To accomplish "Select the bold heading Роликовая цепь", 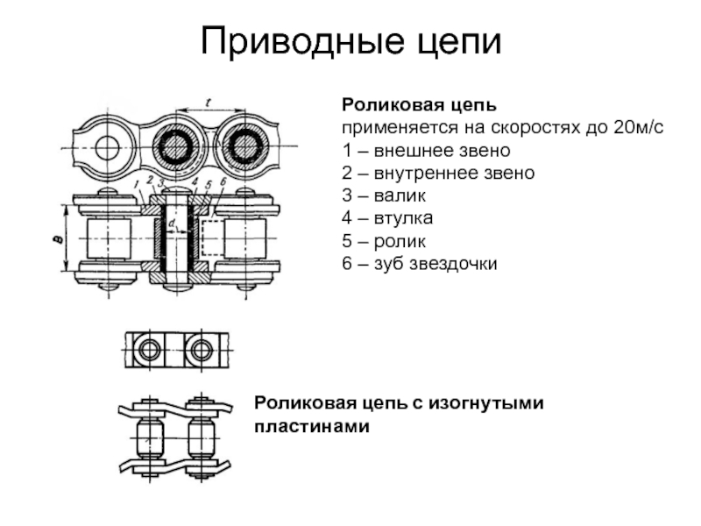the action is click(x=420, y=105).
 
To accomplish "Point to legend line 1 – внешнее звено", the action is click(x=426, y=150).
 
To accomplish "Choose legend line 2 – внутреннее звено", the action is click(x=438, y=173).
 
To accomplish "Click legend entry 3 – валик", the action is click(x=384, y=195).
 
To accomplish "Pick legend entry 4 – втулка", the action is click(x=387, y=218).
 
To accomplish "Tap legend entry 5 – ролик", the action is click(x=384, y=241).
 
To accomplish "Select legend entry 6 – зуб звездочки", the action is click(x=420, y=264).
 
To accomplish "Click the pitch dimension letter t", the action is click(x=208, y=103).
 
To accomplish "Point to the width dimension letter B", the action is click(x=58, y=239).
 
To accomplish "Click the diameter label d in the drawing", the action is click(x=172, y=223).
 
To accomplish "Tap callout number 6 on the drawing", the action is click(x=223, y=181).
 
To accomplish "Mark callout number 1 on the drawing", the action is click(x=138, y=183).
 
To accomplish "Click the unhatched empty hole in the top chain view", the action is click(x=107, y=147).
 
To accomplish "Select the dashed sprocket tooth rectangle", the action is click(x=212, y=238).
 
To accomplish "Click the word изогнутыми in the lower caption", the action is click(x=486, y=404).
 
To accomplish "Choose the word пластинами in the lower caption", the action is click(x=312, y=426).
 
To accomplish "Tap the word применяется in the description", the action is click(x=400, y=128).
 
